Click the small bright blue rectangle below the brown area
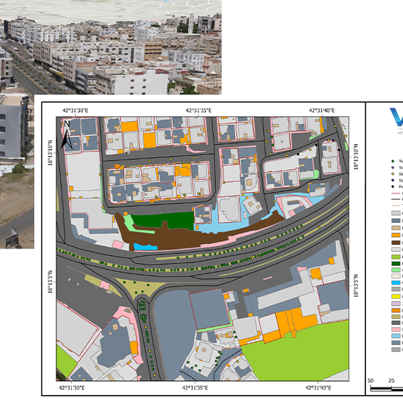click(x=142, y=247)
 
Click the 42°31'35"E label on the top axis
click(x=198, y=110)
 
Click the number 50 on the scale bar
click(x=371, y=381)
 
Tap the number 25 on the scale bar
click(x=392, y=381)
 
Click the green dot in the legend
click(x=393, y=162)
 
